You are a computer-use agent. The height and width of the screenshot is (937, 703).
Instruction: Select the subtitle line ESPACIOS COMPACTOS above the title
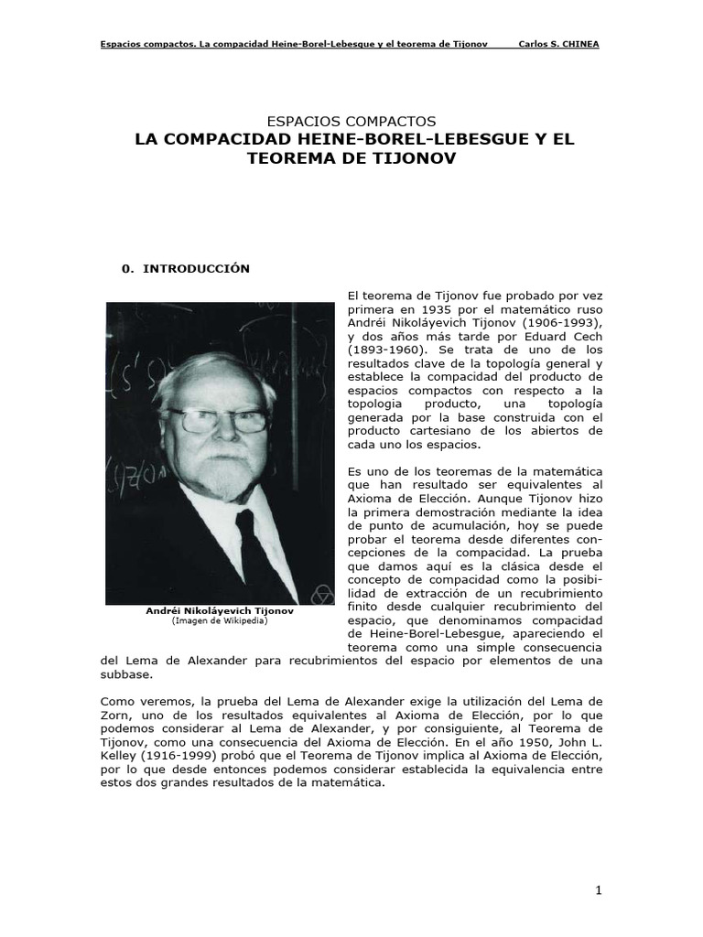[x=351, y=121]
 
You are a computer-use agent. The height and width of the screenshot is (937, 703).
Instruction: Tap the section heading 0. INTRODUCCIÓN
[x=186, y=268]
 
